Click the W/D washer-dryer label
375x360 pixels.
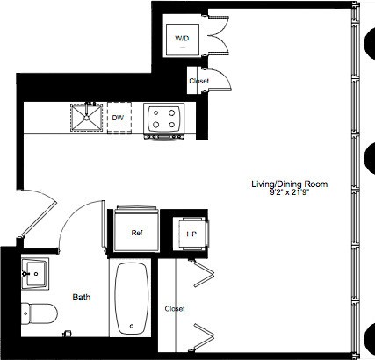(x=182, y=39)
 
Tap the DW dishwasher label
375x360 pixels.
(x=118, y=118)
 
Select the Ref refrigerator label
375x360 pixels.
(x=137, y=233)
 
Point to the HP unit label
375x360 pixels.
(x=191, y=234)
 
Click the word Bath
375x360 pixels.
(x=82, y=298)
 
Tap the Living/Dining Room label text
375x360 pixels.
(x=290, y=184)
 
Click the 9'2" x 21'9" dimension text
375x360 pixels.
(x=290, y=192)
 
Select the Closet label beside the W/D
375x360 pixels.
(x=199, y=81)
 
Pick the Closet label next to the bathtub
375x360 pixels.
(x=175, y=309)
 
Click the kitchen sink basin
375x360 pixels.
(x=86, y=118)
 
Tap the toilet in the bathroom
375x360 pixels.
(x=40, y=313)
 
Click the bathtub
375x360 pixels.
(x=132, y=298)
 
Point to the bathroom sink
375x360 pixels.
(x=35, y=273)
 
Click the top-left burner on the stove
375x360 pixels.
(x=156, y=112)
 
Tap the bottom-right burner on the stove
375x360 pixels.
(x=172, y=125)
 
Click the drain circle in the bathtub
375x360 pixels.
(x=132, y=326)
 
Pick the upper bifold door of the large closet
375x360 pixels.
(x=203, y=273)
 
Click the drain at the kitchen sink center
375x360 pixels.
(x=86, y=118)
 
